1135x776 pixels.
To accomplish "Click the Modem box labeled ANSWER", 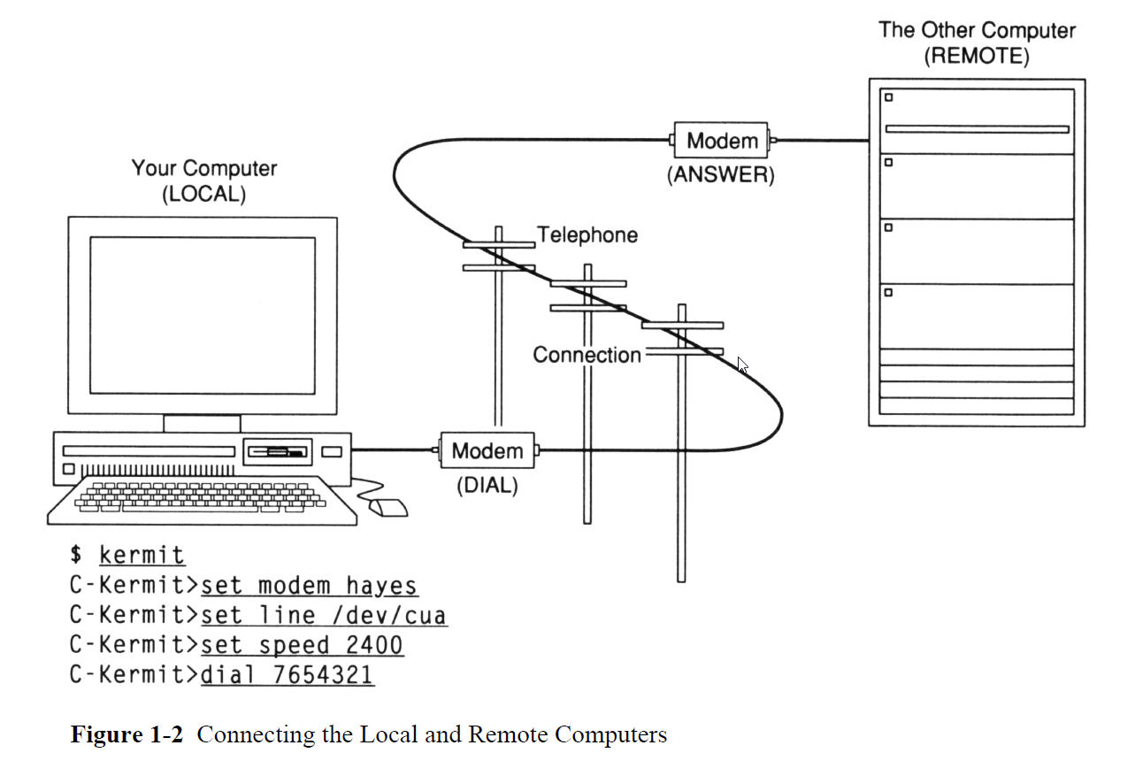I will point(722,140).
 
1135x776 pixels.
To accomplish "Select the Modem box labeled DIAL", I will point(487,450).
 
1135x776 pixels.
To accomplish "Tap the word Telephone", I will point(587,235).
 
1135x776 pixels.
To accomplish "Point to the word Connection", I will point(587,355).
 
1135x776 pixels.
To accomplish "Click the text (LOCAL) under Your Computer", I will point(203,195).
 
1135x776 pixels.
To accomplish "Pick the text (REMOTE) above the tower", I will point(977,57).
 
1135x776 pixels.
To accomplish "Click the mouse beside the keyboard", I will point(387,508).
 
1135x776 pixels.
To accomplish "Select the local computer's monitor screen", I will point(203,316).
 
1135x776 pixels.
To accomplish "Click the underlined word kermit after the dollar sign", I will point(142,556).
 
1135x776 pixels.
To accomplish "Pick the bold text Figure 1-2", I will point(127,735).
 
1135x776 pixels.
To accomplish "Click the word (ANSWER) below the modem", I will point(720,175).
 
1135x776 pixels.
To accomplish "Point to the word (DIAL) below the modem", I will point(487,486).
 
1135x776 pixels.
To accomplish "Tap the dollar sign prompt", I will point(77,556).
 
